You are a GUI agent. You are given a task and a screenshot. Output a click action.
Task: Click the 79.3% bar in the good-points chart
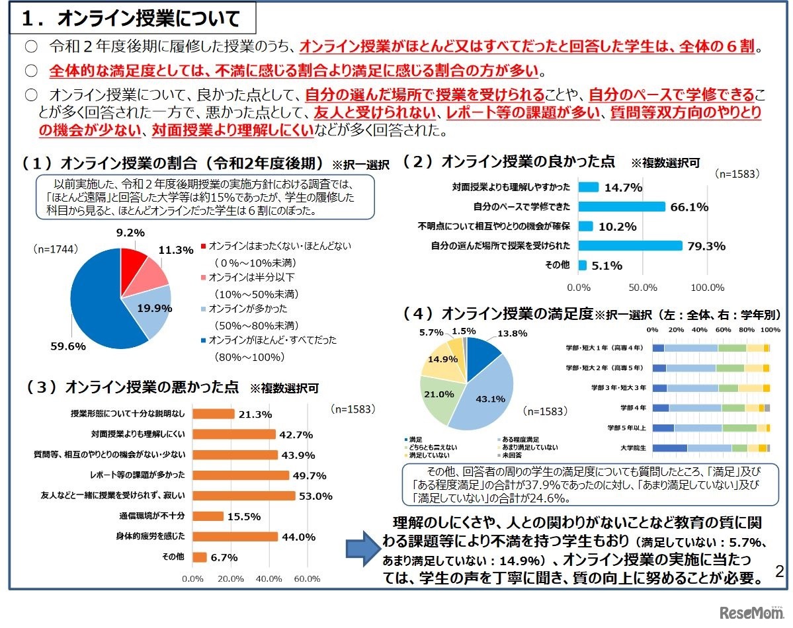pos(630,245)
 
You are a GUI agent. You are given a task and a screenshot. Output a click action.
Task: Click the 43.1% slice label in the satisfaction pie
pos(490,399)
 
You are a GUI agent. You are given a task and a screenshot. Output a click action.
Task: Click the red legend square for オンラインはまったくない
pos(203,246)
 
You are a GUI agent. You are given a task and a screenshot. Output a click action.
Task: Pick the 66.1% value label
pos(689,207)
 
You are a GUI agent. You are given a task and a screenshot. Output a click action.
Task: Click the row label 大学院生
pos(634,448)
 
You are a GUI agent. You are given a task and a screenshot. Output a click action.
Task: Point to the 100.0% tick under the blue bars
pos(708,288)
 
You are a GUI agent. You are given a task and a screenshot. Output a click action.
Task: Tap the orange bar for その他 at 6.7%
pos(199,557)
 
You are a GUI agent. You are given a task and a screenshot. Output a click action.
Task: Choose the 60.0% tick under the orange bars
pos(306,579)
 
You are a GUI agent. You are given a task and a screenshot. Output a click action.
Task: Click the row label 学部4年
pos(633,408)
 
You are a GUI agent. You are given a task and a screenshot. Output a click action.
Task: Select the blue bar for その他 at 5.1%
pos(583,265)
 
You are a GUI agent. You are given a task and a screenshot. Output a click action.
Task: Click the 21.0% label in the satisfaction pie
pos(439,394)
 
